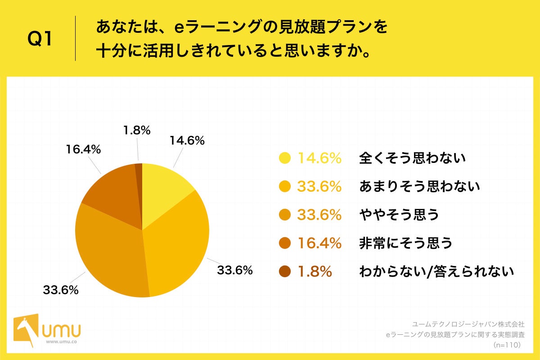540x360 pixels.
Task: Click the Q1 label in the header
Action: [40, 39]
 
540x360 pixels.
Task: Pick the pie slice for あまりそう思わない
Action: [180, 243]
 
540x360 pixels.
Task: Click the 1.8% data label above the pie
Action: [136, 130]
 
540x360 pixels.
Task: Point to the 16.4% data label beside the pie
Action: [83, 149]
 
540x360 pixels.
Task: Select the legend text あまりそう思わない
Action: [419, 186]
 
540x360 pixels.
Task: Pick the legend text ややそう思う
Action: [399, 215]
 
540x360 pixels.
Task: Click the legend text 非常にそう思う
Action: [405, 243]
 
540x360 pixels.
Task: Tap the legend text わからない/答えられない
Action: [436, 272]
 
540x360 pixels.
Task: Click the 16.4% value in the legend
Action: [319, 243]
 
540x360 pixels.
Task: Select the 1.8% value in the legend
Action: [315, 272]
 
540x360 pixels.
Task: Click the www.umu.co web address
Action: [61, 342]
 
